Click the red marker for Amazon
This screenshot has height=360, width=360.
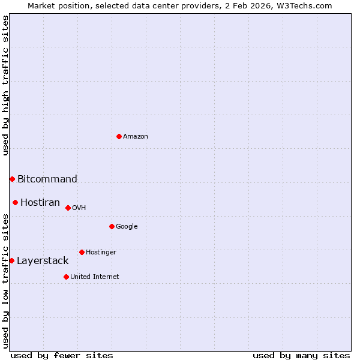(119, 136)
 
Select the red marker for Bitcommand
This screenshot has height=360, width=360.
(12, 179)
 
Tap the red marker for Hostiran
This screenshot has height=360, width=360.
(15, 202)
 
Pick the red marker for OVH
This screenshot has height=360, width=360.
(68, 208)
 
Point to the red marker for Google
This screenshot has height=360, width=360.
(112, 226)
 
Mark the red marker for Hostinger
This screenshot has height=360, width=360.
(82, 252)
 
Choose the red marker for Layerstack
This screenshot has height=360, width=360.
(11, 260)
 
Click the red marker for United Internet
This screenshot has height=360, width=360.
(66, 277)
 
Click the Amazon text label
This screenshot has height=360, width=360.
(136, 137)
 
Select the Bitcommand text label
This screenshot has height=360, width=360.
(47, 179)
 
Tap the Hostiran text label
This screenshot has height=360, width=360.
(40, 202)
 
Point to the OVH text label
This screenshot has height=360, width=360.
(79, 208)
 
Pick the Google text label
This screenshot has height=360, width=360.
(127, 227)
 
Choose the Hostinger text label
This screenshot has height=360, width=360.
(101, 253)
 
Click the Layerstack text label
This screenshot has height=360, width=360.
(43, 260)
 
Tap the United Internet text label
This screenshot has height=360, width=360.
(95, 277)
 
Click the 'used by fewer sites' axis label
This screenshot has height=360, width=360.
(62, 355)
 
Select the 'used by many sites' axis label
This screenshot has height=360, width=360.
(301, 355)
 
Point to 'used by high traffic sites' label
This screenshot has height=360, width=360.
(5, 85)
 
